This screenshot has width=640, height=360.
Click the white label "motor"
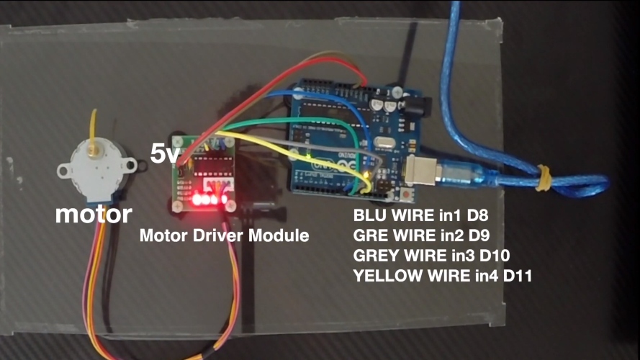tap(94, 214)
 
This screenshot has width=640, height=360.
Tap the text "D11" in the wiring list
tap(516, 274)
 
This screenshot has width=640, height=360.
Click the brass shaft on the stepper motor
tap(94, 150)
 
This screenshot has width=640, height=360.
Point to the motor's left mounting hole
tap(64, 171)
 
